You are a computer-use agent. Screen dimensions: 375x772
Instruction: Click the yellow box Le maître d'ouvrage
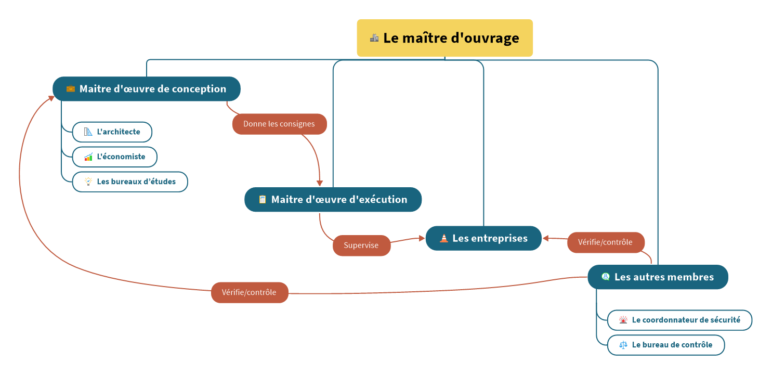444,38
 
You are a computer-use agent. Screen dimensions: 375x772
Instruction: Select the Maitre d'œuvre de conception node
147,89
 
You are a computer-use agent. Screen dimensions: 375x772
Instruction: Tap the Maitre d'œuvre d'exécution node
333,200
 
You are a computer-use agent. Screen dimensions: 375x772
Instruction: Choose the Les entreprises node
483,238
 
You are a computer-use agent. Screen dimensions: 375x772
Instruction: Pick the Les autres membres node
658,277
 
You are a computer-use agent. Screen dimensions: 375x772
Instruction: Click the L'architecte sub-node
112,132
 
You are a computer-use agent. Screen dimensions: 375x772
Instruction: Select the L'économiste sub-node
114,157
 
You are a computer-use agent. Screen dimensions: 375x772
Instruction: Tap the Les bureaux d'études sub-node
129,182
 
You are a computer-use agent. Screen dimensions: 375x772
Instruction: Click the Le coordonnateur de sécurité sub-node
679,320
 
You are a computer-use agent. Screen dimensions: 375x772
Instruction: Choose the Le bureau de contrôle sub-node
665,345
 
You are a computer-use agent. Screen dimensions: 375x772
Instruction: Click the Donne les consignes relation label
279,124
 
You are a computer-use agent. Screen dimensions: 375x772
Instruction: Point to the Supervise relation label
361,245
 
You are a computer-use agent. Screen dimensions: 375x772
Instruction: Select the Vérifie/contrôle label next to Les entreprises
606,242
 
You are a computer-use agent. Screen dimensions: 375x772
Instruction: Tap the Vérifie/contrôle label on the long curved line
250,292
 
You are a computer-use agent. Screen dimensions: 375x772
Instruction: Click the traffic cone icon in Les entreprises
444,238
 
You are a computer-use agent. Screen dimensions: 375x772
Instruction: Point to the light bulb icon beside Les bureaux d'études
88,182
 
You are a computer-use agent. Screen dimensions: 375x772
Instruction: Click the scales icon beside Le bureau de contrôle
623,345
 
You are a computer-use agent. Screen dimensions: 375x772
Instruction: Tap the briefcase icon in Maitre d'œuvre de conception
71,89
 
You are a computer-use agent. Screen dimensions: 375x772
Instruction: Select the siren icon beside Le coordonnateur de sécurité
623,320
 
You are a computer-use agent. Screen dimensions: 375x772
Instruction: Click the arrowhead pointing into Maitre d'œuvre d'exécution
320,183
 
